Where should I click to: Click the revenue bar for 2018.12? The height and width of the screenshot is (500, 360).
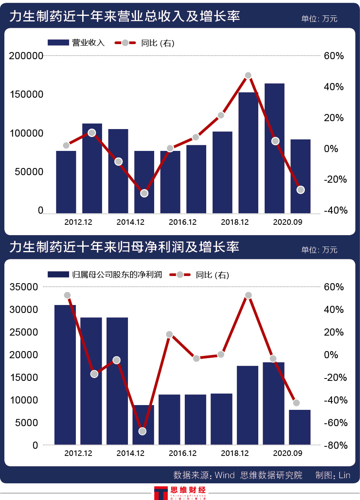click(x=248, y=153)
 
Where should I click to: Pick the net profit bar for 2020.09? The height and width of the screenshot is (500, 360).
click(x=300, y=427)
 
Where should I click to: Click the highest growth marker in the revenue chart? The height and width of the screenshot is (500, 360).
click(x=248, y=75)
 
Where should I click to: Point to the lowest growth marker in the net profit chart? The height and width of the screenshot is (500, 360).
click(x=143, y=431)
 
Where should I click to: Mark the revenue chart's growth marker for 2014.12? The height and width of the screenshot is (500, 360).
click(x=118, y=162)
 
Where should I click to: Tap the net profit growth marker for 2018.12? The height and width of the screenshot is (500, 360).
click(x=248, y=295)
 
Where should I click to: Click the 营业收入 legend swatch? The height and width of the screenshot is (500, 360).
click(x=58, y=43)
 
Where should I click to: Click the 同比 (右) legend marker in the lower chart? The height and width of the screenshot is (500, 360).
click(x=180, y=274)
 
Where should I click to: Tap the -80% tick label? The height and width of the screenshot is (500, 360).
click(x=336, y=446)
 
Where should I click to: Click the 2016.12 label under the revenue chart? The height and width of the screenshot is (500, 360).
click(x=182, y=222)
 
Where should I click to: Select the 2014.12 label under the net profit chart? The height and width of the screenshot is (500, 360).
click(x=130, y=453)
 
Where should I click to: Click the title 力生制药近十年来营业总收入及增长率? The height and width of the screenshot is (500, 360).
click(x=124, y=17)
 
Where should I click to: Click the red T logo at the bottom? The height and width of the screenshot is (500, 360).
click(x=161, y=492)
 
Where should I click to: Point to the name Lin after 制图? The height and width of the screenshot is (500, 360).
click(x=344, y=475)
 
